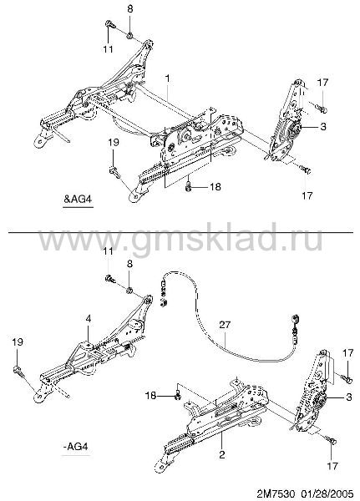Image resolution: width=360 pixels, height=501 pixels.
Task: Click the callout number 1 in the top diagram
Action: (x=168, y=78)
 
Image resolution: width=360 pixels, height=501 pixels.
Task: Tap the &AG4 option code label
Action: (x=78, y=199)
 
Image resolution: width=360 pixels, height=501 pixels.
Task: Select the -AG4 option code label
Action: (x=75, y=446)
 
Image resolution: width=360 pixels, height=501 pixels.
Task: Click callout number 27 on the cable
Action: (x=225, y=325)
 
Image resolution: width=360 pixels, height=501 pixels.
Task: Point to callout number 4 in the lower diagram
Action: (x=89, y=319)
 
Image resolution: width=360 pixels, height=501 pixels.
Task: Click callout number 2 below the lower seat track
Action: (x=222, y=454)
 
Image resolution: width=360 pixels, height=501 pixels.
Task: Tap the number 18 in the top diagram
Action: (x=215, y=186)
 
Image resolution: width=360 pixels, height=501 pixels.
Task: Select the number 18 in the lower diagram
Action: (x=151, y=396)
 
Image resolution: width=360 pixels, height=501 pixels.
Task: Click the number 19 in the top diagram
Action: (x=114, y=142)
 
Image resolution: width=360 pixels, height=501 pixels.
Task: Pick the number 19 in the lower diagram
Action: (x=18, y=342)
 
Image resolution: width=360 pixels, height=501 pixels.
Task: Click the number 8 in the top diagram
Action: (x=129, y=9)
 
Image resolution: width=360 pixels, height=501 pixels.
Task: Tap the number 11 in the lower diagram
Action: (x=108, y=250)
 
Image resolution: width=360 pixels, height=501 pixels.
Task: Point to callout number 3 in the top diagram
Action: (x=323, y=127)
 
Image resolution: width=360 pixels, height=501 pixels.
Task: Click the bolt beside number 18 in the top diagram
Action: (x=188, y=186)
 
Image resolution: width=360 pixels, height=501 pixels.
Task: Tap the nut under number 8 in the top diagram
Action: (x=129, y=35)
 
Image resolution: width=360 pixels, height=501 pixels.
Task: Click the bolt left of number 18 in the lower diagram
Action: (x=178, y=396)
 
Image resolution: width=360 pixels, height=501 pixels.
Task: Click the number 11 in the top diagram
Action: (x=108, y=49)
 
